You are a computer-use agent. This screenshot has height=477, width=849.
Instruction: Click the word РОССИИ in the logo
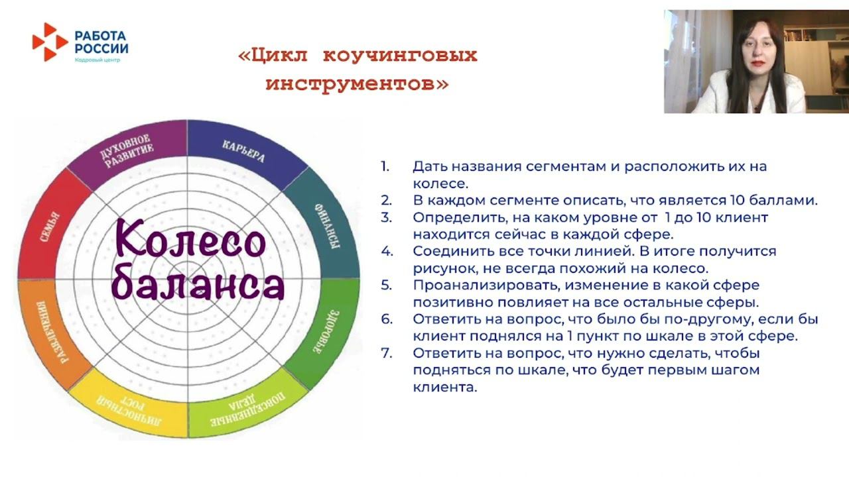(x=101, y=48)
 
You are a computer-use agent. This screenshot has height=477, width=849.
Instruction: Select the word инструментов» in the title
(x=357, y=84)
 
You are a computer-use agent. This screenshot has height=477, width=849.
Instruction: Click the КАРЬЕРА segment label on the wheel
(x=243, y=151)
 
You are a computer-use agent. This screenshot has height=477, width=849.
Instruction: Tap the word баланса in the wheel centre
(x=198, y=286)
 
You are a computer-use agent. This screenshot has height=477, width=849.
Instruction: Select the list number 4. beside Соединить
(x=387, y=251)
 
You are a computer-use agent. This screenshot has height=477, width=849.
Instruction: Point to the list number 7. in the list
(x=387, y=353)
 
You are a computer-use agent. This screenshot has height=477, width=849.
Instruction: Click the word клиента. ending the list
(x=444, y=388)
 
